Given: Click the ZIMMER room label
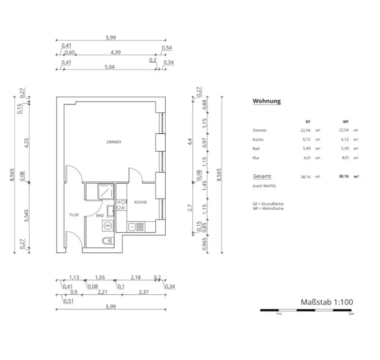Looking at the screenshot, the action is (114, 142).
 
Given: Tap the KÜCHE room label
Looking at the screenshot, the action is (140, 202).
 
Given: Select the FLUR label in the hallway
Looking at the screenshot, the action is (74, 215).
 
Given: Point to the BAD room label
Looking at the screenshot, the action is (100, 215).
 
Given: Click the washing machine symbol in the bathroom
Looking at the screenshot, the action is (108, 226).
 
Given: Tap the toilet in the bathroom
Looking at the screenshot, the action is (107, 241).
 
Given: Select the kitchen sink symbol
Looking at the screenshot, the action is (136, 227).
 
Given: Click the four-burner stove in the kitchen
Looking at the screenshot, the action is (121, 205).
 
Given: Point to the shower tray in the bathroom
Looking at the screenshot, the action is (106, 191).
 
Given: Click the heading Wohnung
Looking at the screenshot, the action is (267, 101).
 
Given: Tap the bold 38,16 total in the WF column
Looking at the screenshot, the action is (344, 177).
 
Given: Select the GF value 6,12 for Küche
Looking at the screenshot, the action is (307, 139).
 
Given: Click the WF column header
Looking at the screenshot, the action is (345, 122).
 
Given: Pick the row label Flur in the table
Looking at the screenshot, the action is (256, 158).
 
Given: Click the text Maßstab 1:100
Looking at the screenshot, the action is (327, 302).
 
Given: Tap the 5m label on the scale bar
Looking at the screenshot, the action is (351, 314).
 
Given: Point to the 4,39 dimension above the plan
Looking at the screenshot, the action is (116, 52).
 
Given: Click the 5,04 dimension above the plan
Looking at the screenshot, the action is (109, 67).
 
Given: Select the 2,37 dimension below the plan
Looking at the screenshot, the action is (144, 292).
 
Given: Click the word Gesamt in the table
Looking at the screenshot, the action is (262, 177).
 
